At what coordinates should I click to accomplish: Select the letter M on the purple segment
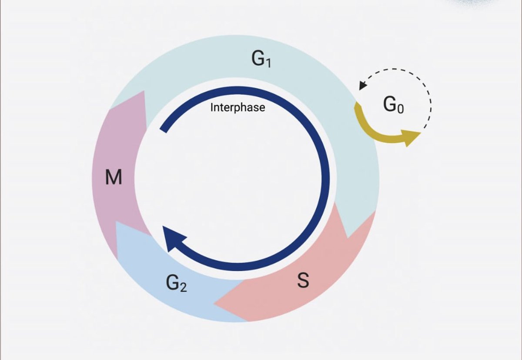[x=114, y=178]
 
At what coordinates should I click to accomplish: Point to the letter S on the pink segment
[x=303, y=280]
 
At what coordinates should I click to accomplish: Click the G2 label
[x=176, y=283]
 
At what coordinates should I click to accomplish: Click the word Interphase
[x=238, y=107]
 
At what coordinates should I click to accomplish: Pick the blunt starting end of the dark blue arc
[x=163, y=128]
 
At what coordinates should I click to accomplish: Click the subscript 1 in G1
[x=268, y=63]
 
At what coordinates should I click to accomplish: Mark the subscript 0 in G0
[x=400, y=109]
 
